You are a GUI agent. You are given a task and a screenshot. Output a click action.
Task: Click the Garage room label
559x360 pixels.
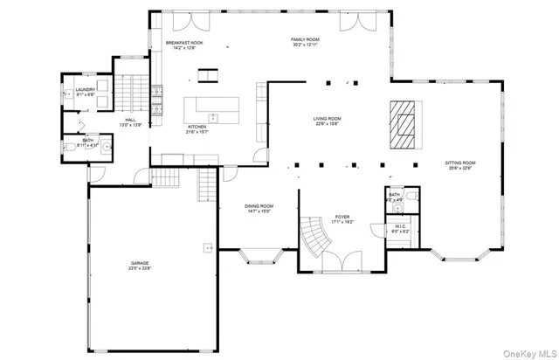pyautogui.click(x=140, y=262)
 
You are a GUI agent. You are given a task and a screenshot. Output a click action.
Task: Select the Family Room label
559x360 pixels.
pyautogui.click(x=306, y=39)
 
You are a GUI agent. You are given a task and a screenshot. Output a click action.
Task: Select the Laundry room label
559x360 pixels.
pyautogui.click(x=85, y=89)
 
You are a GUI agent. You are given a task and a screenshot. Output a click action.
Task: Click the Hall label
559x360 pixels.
pyautogui.click(x=129, y=121)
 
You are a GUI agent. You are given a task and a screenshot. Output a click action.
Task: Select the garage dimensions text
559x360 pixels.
pyautogui.click(x=140, y=268)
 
